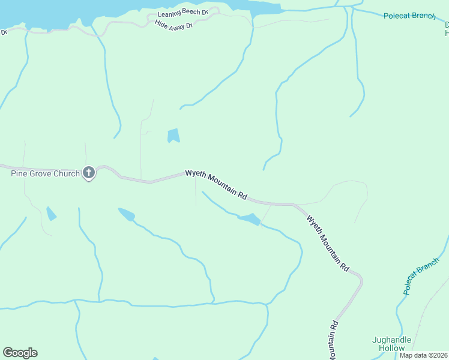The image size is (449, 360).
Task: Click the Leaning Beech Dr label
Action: tap(182, 13)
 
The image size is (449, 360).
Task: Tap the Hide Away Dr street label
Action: tap(173, 25)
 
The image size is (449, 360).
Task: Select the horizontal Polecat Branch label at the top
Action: tap(410, 16)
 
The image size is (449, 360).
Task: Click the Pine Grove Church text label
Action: tap(46, 174)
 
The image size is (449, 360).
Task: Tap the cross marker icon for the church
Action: tap(88, 173)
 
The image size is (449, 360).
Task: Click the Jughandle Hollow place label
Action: tap(392, 344)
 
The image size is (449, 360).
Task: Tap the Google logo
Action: tap(20, 353)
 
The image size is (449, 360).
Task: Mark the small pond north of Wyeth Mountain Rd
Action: tap(173, 136)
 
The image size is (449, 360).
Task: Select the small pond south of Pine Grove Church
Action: tap(51, 213)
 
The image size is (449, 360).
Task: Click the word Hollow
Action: tap(392, 348)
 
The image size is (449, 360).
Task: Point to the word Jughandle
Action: tap(392, 340)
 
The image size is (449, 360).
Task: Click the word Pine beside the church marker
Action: tap(20, 174)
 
